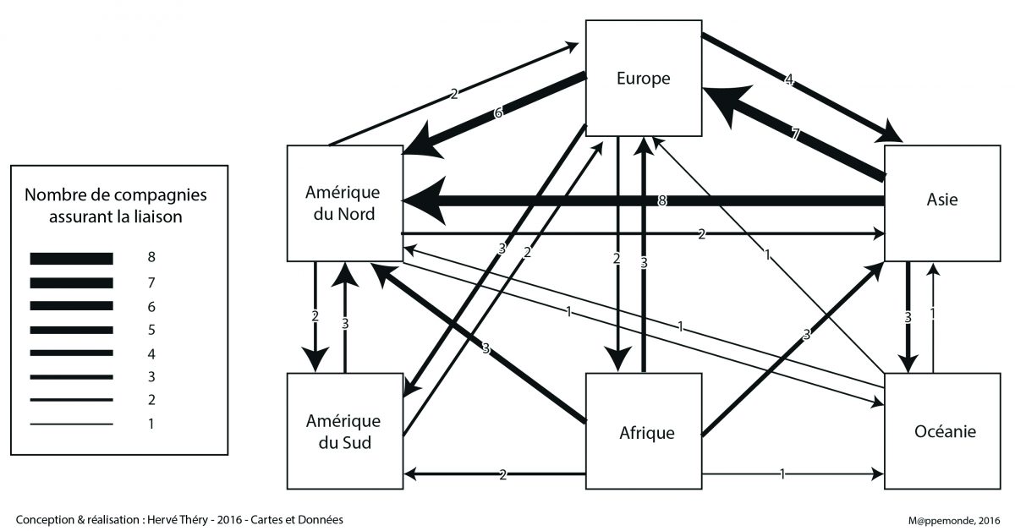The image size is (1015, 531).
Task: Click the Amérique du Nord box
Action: tap(343, 203)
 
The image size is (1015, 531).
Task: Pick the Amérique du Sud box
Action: tap(343, 430)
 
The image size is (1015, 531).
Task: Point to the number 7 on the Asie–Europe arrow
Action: tap(796, 134)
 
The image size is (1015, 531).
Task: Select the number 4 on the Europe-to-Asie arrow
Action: tap(788, 81)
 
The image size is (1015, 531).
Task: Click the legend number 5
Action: tap(151, 330)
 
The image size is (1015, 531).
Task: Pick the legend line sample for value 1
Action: tap(71, 424)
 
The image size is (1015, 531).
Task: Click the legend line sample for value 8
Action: tap(71, 258)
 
